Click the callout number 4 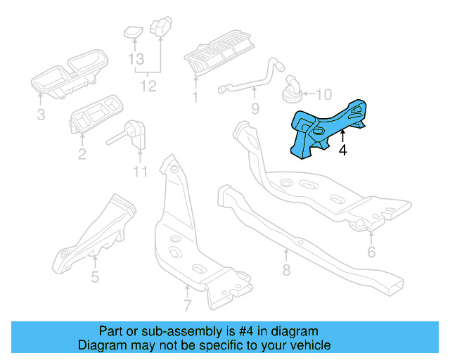(x=342, y=150)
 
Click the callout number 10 (x=323, y=94)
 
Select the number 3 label (x=41, y=115)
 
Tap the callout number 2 (x=82, y=154)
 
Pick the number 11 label (x=140, y=172)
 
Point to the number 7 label (x=188, y=306)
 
